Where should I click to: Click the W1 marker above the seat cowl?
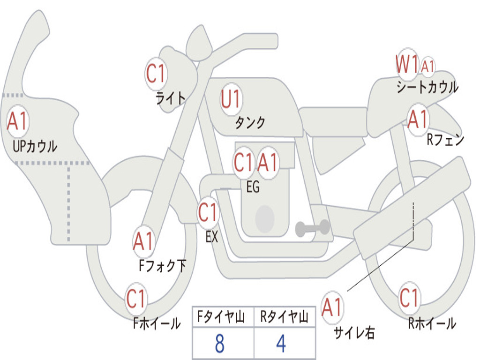407,64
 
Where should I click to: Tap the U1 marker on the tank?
231,99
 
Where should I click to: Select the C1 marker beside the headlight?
156,74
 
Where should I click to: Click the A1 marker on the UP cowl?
18,121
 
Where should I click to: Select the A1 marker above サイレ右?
332,307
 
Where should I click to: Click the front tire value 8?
220,344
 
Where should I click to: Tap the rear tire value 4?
281,344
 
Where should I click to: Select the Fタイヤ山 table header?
221,316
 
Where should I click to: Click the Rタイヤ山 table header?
285,316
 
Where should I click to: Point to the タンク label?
250,122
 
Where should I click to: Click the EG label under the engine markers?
253,187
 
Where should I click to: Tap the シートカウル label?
427,87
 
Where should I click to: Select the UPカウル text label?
35,146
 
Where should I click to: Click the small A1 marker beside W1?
427,66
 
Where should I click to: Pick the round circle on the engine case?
265,218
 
